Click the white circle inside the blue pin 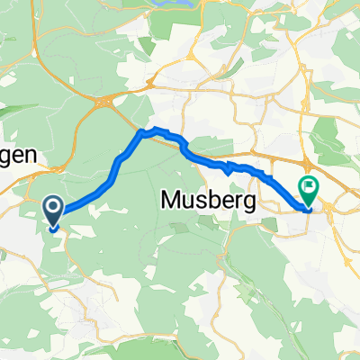pyautogui.click(x=53, y=209)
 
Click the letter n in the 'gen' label pyautogui.click(x=30, y=155)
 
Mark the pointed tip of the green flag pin pyautogui.click(x=309, y=206)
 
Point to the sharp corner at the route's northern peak pyautogui.click(x=141, y=132)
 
